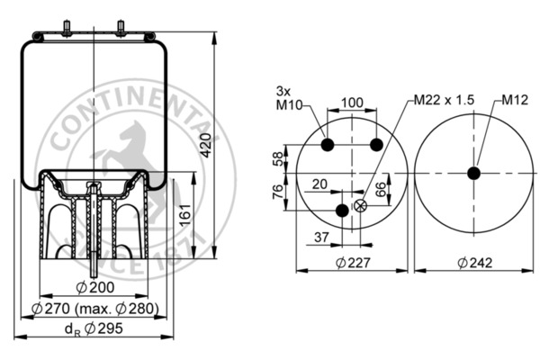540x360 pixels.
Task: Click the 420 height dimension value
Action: [x=206, y=145]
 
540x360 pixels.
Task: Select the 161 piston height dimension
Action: [x=185, y=215]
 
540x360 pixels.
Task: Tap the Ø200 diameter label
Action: [x=95, y=287]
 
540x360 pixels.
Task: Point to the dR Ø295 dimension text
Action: [x=94, y=328]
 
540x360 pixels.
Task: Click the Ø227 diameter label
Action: [x=353, y=263]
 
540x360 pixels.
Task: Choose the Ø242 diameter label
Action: [x=475, y=263]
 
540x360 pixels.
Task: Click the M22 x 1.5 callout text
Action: [x=444, y=100]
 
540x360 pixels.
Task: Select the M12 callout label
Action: [x=515, y=100]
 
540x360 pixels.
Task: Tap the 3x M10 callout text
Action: [x=289, y=98]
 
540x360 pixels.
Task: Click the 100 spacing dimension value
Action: [x=352, y=103]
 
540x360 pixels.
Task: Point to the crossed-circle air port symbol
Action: [x=360, y=206]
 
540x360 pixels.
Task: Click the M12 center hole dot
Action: [x=474, y=173]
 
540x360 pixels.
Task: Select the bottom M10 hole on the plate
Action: [x=342, y=210]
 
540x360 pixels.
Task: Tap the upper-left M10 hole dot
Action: [x=328, y=145]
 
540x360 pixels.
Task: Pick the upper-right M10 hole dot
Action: [x=376, y=145]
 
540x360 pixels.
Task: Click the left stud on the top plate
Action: [x=67, y=28]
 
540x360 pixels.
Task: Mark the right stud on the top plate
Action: [x=121, y=28]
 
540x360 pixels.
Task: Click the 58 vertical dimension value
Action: [x=277, y=158]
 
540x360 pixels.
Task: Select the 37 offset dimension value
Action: [x=321, y=237]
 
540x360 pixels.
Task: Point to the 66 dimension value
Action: [x=380, y=190]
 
